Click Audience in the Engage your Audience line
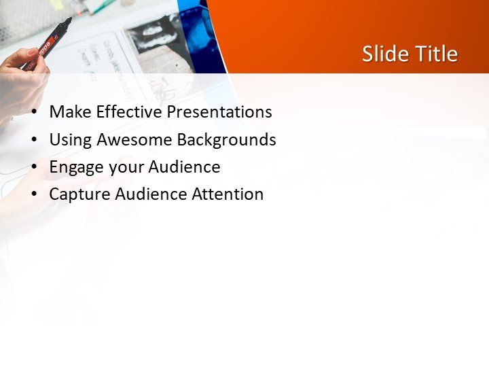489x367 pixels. (184, 167)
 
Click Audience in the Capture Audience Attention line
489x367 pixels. (150, 194)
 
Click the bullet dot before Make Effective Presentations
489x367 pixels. (35, 113)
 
